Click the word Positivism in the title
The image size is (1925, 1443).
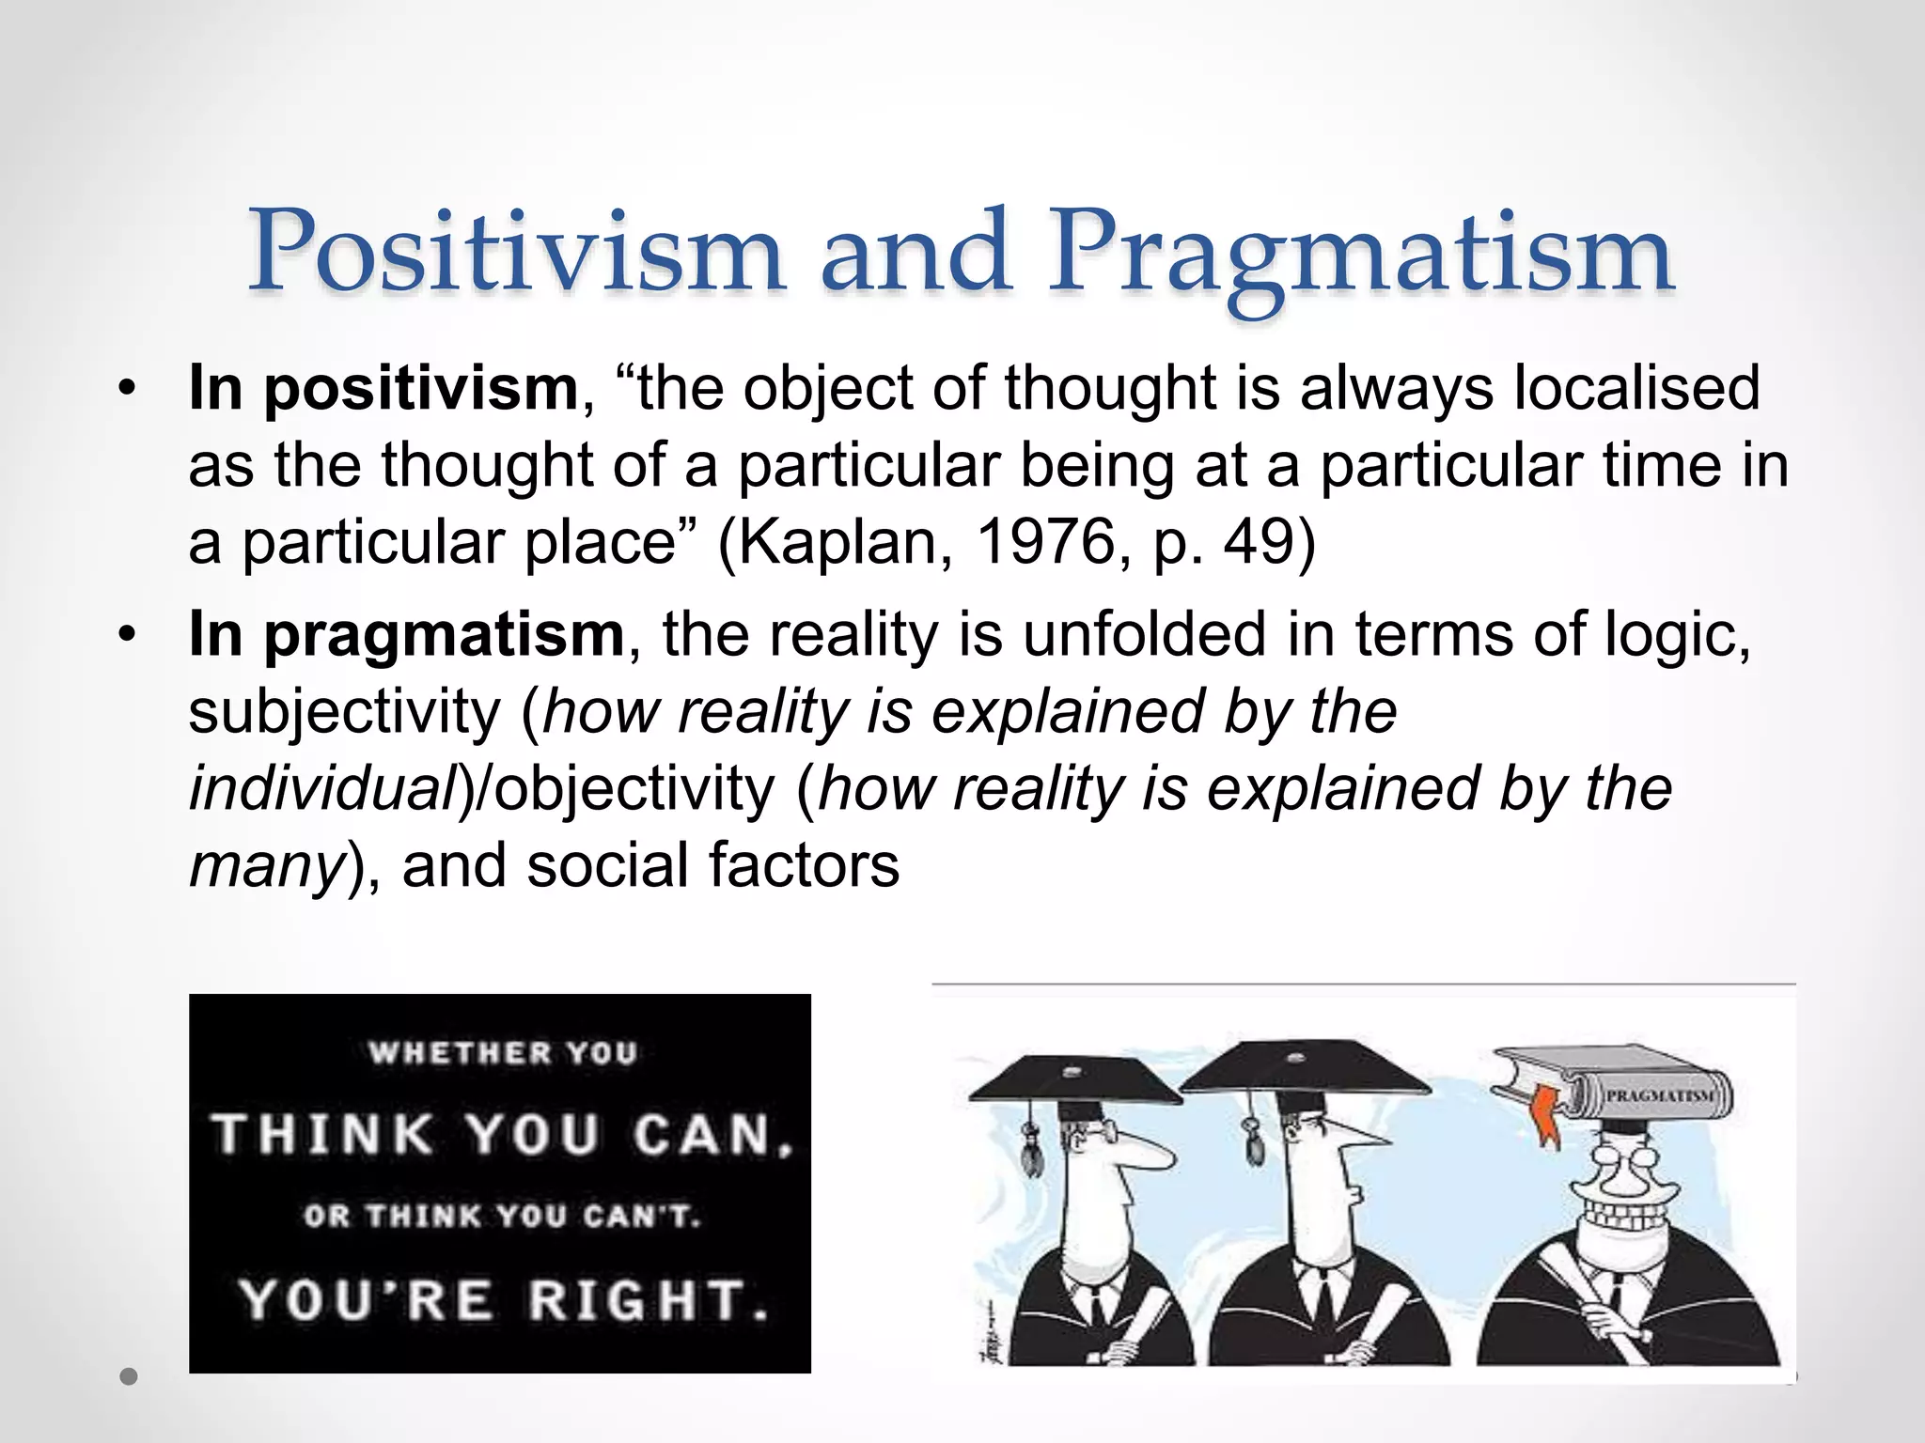point(515,252)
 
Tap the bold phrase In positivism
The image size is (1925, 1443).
point(383,388)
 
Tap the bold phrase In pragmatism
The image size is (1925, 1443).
point(406,634)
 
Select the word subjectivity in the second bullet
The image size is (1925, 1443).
point(344,712)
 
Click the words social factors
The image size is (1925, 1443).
point(712,864)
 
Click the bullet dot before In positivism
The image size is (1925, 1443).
point(128,389)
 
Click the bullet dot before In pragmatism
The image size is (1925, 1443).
point(128,635)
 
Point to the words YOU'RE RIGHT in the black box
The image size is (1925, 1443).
point(504,1301)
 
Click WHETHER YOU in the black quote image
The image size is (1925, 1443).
point(504,1053)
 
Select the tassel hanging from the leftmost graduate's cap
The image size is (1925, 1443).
point(1032,1147)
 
